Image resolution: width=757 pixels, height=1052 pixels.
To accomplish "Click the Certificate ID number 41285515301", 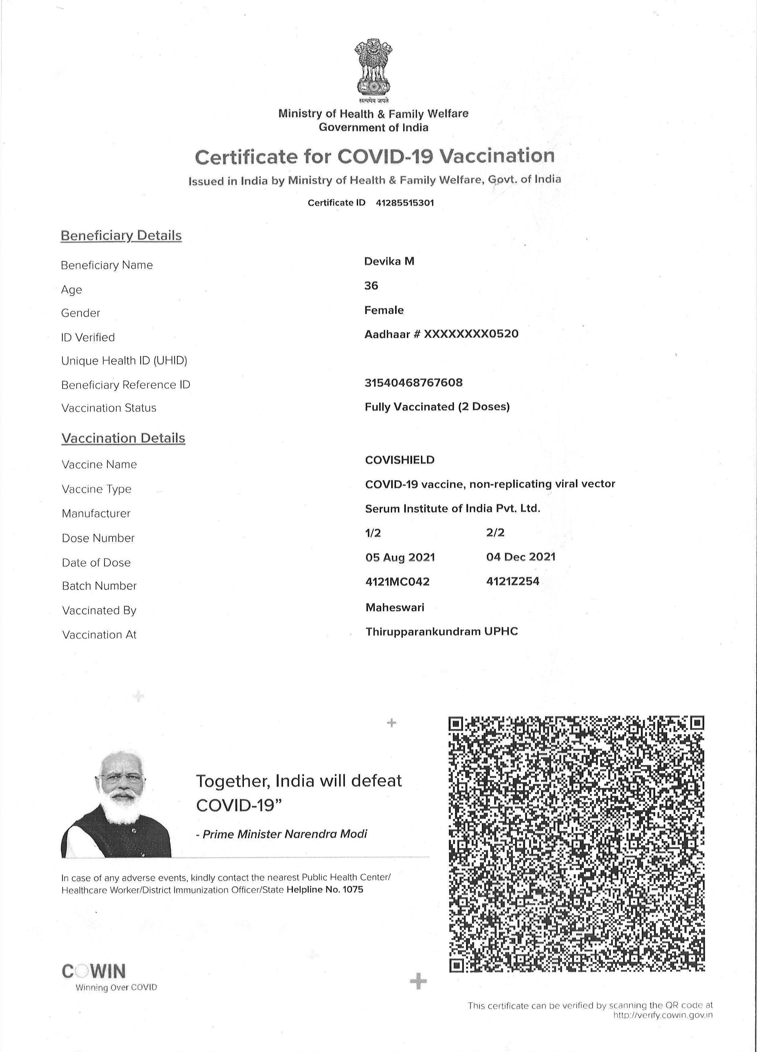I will tap(405, 203).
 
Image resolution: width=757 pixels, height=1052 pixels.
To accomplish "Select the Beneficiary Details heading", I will tap(121, 236).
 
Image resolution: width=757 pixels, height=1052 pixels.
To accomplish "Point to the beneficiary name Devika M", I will tap(389, 261).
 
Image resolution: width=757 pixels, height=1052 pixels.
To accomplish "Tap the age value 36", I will tap(371, 286).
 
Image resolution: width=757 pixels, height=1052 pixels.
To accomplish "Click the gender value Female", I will tap(384, 310).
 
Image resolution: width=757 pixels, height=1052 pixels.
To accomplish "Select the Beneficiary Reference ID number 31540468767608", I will tap(414, 383).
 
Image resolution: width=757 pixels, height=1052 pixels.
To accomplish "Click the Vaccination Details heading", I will tap(123, 438).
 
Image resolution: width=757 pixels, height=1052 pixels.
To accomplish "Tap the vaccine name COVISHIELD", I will tap(400, 460).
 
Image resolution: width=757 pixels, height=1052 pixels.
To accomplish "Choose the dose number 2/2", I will tap(495, 533).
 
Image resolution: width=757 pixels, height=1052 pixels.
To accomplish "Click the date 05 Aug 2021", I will tap(400, 557).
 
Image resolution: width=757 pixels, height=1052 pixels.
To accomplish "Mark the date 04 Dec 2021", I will tap(521, 557).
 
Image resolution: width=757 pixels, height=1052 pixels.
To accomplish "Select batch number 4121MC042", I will tap(397, 582).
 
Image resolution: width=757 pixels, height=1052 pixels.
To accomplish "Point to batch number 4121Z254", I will tap(513, 581).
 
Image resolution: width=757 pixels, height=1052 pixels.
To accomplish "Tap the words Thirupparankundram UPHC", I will tap(441, 631).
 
